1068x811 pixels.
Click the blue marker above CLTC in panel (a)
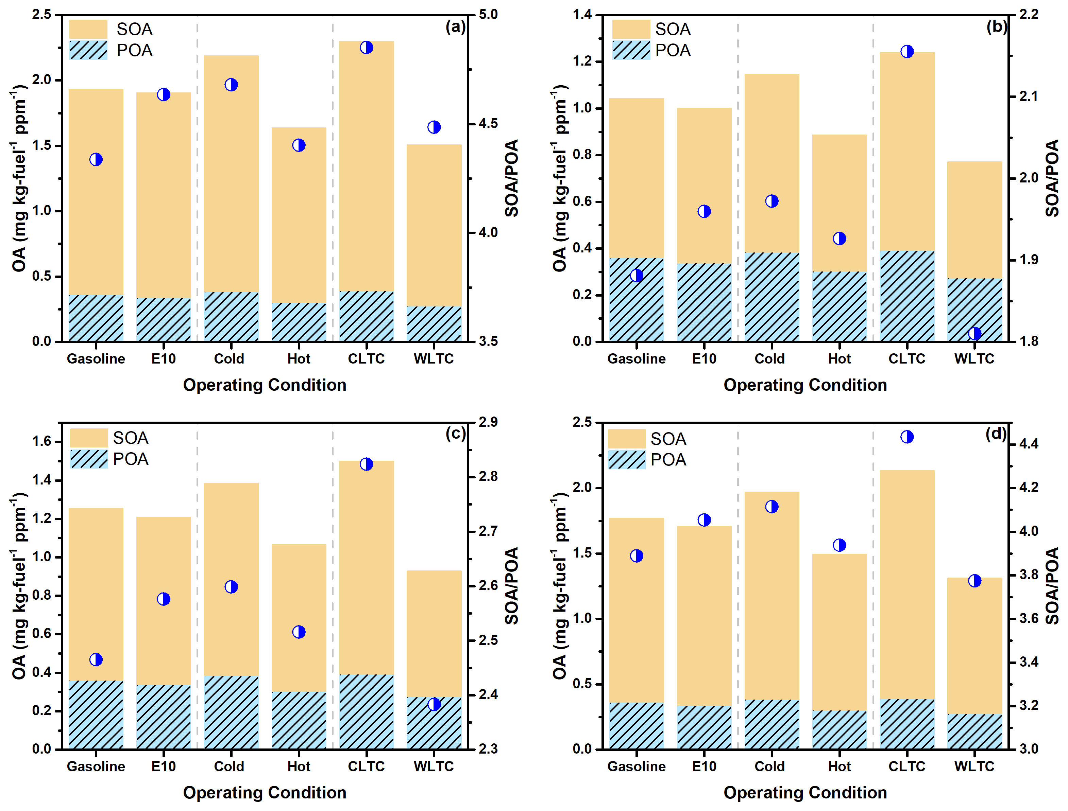point(366,47)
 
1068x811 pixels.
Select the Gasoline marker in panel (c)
point(96,659)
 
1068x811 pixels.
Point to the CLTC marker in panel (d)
point(907,437)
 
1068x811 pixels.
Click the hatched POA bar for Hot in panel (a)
point(299,322)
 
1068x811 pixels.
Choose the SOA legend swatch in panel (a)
point(88,29)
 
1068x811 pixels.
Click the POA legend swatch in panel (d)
point(627,460)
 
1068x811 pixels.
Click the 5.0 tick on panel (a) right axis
point(488,15)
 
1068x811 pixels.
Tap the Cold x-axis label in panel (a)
point(229,359)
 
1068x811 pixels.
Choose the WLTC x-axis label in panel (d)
point(974,766)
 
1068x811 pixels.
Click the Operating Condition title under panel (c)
point(265,793)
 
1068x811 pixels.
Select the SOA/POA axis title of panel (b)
point(1052,178)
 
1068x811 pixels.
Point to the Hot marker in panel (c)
point(299,632)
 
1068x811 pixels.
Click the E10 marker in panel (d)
point(704,520)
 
